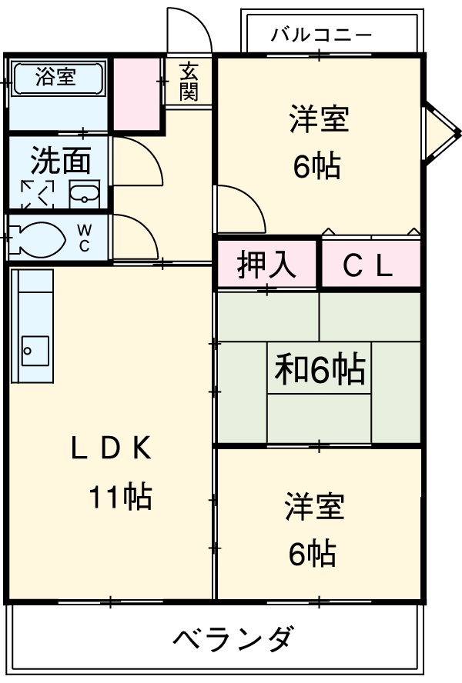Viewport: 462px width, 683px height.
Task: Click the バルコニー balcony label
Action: (x=321, y=35)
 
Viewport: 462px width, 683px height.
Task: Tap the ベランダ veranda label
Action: (x=232, y=638)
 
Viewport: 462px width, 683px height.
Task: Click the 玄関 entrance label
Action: (x=189, y=82)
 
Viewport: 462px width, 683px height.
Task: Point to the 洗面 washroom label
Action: (x=61, y=160)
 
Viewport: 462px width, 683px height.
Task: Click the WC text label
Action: (x=84, y=238)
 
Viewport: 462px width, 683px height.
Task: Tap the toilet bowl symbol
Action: (x=37, y=238)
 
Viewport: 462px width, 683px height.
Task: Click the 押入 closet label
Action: (x=265, y=265)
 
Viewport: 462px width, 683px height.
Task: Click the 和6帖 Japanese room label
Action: (x=320, y=371)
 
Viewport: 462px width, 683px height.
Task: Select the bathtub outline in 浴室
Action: (x=55, y=78)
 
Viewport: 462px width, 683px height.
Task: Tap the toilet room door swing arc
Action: (x=139, y=235)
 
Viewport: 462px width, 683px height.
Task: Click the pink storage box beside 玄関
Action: (x=137, y=90)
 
